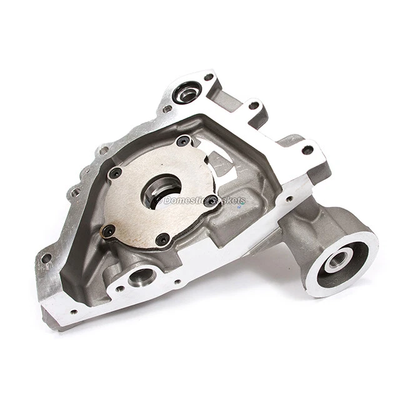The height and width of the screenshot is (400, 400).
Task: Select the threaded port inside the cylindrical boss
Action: coord(339,257)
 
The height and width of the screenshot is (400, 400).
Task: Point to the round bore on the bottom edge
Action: coord(142,276)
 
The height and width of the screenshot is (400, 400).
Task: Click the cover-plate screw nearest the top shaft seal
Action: coord(183,142)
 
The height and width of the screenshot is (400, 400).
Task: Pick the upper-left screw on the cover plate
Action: coord(116,173)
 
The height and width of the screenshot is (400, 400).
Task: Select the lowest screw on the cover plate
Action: coord(162,238)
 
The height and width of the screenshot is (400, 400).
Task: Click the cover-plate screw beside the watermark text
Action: coord(211,200)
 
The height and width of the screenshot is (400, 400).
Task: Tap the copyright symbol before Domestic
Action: coord(159,201)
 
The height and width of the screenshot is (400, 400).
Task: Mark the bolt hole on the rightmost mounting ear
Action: coord(307,150)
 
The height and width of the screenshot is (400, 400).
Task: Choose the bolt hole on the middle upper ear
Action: coord(254,106)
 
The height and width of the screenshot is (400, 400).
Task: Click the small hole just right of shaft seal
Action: coord(209,78)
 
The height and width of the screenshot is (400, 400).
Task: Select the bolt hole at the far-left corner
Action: coord(46,257)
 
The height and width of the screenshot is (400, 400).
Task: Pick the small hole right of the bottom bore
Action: coord(178,282)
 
